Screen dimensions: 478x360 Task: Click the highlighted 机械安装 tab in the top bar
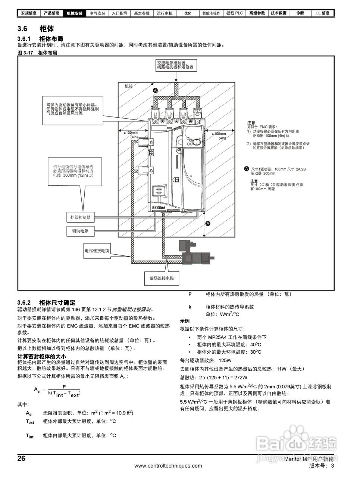coord(75,13)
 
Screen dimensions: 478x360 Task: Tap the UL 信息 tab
coord(322,13)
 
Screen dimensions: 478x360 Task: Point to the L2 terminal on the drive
coord(169,114)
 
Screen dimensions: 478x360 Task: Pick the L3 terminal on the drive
coord(183,114)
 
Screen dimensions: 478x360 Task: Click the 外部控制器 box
coord(81,217)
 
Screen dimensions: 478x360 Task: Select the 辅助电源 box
coord(80,231)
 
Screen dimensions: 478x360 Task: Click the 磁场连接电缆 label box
coord(162,278)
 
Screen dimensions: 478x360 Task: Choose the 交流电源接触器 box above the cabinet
coord(175,65)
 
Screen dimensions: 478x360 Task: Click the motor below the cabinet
coord(195,254)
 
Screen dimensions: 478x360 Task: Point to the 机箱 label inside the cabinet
coord(129,86)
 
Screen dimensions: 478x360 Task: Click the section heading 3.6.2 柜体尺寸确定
coord(46,302)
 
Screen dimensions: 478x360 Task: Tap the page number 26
coord(22,459)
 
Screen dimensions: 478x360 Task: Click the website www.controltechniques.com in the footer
coord(168,466)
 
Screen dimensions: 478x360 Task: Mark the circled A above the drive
coord(156,90)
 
